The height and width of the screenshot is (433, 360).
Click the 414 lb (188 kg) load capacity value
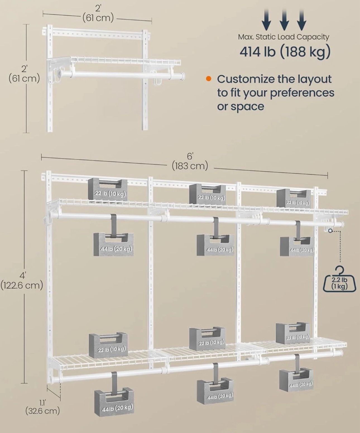click(x=285, y=51)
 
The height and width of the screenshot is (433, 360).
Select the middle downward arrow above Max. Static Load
click(x=284, y=20)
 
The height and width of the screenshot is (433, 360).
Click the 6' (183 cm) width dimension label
click(x=190, y=162)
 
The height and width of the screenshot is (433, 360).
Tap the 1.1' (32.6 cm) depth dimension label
click(x=42, y=406)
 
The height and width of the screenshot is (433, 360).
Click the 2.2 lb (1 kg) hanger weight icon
click(x=339, y=282)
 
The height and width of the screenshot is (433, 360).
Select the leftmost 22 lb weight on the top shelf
click(x=108, y=190)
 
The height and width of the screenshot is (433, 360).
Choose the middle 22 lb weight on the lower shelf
click(x=207, y=338)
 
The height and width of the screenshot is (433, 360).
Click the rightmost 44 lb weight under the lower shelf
click(x=296, y=381)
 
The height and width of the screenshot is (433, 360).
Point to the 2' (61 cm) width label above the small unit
click(x=98, y=13)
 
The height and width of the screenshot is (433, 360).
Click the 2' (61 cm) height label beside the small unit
click(x=24, y=74)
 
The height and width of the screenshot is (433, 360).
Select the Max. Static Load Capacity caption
click(x=284, y=37)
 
